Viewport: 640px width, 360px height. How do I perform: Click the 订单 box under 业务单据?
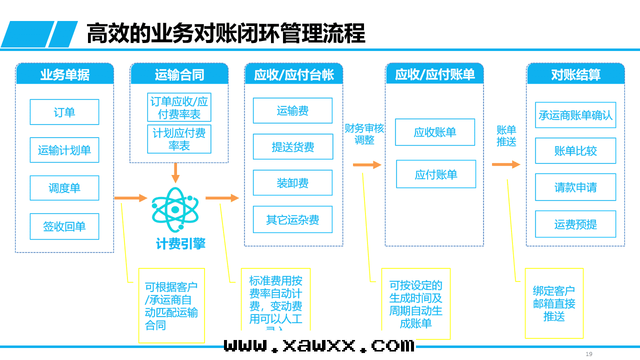pos(64,112)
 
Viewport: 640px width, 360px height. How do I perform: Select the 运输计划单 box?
pos(64,150)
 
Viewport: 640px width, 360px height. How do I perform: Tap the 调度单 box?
pos(64,188)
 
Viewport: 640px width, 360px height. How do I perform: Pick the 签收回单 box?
pos(64,226)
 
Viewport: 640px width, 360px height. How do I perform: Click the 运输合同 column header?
pos(179,74)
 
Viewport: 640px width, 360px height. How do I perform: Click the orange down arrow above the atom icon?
pos(175,172)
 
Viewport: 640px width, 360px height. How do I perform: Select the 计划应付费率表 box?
pos(179,139)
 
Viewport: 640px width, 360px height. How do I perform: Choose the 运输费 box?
pos(292,110)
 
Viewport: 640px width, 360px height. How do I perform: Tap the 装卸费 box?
pos(292,183)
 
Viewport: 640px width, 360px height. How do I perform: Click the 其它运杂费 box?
pos(292,220)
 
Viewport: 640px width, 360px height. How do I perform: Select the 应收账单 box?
pos(435,132)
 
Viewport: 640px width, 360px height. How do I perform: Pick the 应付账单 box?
pos(436,174)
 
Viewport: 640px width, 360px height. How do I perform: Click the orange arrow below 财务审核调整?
pos(366,165)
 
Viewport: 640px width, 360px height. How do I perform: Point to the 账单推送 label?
pos(506,135)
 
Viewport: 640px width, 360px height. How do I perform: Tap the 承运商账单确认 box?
pos(575,115)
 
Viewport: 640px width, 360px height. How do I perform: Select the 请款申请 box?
pos(575,187)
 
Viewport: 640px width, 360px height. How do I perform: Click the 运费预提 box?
pos(575,224)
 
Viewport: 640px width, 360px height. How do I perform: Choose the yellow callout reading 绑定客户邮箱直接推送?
pos(554,303)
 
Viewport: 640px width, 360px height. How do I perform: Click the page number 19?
pos(589,354)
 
